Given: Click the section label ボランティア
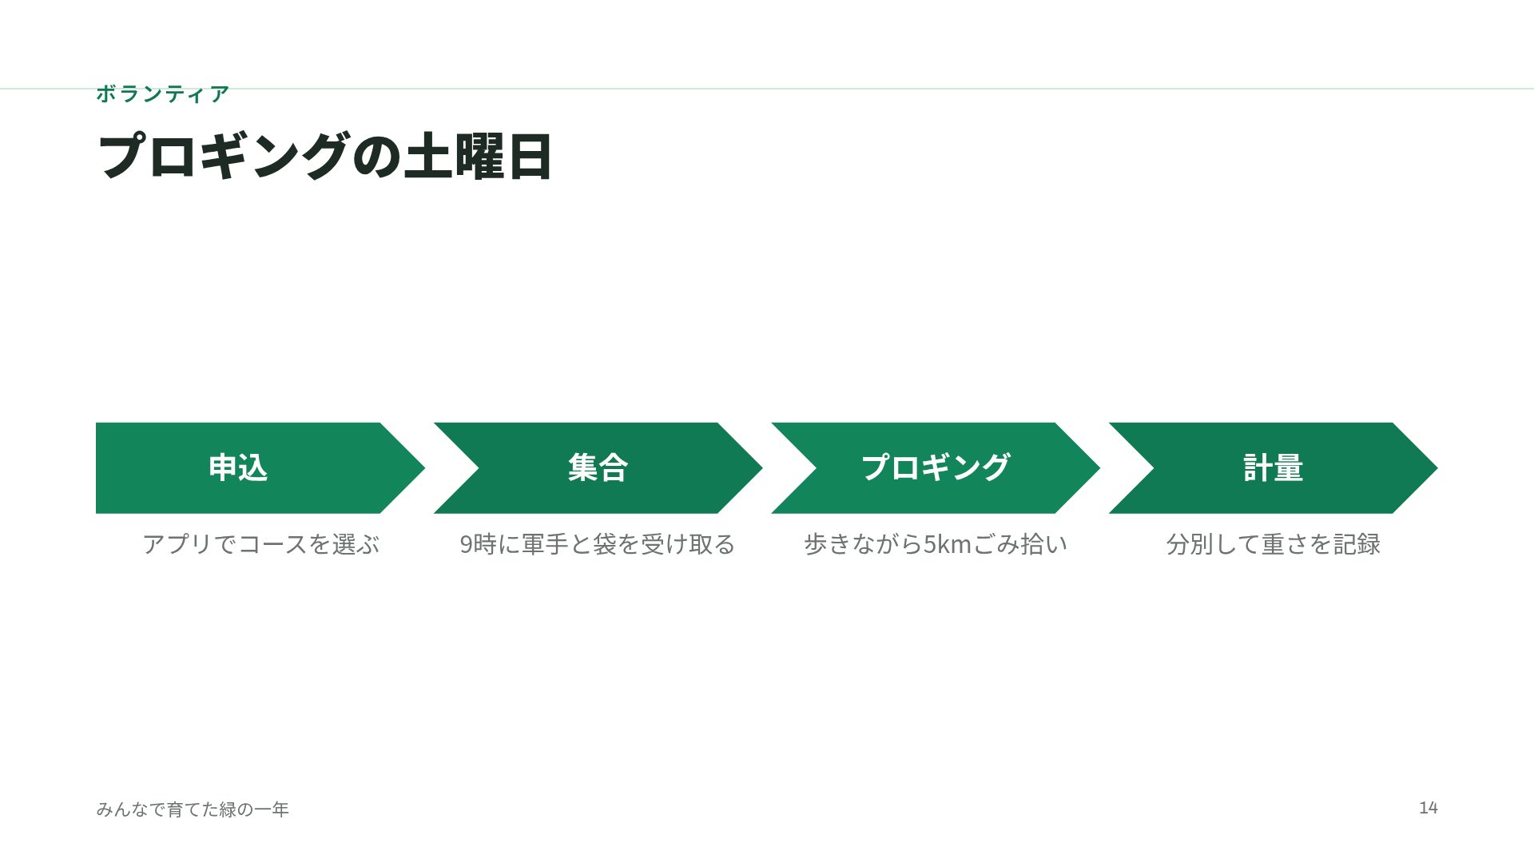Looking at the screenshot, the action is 163,94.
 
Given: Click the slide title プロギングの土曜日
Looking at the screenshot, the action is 324,156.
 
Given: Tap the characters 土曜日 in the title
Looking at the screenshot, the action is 478,156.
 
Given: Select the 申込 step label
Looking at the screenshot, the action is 238,467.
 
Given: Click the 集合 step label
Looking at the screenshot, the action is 598,467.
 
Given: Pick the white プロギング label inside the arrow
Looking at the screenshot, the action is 936,467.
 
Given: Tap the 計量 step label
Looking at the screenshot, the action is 1274,467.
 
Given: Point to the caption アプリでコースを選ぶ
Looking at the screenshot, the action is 260,544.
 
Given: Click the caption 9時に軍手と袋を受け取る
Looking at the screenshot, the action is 598,544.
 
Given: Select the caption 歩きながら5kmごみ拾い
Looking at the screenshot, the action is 936,544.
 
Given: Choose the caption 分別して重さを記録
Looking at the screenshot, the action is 1274,544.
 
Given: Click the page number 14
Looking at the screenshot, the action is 1429,808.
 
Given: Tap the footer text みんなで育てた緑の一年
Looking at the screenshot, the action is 193,809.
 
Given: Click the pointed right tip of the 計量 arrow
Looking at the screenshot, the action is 1437,467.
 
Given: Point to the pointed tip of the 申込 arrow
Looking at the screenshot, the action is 424,467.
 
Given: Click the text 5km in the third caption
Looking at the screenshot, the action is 948,544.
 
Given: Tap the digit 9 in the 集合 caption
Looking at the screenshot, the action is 466,545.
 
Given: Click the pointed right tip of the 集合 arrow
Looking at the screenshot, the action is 762,467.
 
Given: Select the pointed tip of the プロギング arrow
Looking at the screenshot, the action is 1099,467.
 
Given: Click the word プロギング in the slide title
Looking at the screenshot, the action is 224,156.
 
